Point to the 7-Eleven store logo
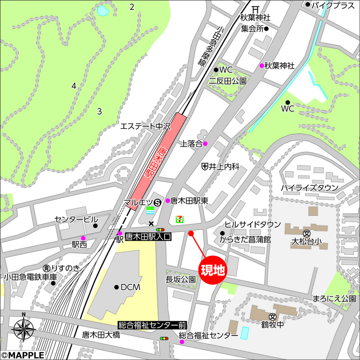179,218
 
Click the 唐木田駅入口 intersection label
148,235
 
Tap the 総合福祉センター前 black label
152,325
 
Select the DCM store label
130,287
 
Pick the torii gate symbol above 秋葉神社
255,9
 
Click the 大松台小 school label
307,242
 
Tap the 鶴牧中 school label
272,324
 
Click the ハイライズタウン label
310,187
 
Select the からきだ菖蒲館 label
245,240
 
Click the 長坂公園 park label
181,279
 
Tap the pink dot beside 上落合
205,144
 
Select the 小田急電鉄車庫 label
31,277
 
